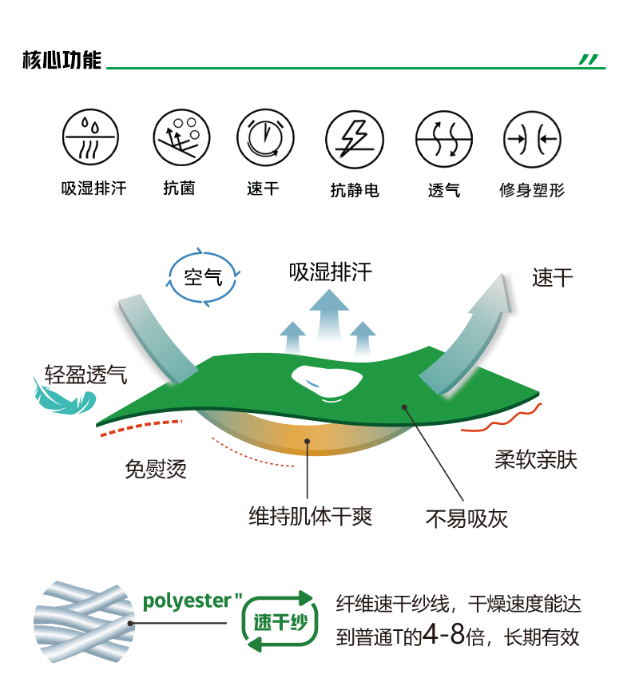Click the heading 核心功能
click(62, 61)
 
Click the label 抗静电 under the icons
click(354, 190)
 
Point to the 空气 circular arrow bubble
click(203, 278)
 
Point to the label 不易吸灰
click(466, 519)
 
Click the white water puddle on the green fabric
click(327, 381)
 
